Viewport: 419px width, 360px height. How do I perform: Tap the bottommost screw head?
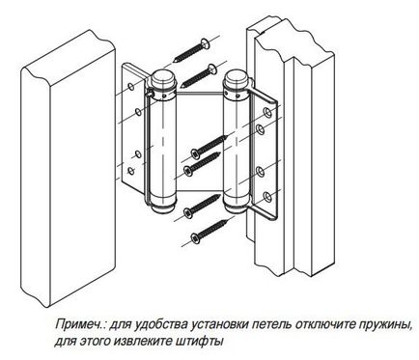tap(195, 238)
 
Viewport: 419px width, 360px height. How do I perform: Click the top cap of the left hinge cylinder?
tap(161, 77)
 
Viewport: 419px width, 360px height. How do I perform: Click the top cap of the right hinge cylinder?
tap(235, 78)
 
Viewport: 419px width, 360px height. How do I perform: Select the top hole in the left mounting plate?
tap(131, 87)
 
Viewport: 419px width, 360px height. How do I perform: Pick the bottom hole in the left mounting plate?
tap(131, 171)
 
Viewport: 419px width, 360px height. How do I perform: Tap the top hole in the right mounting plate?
tap(267, 112)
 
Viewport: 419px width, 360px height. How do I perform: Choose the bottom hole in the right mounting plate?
tap(267, 197)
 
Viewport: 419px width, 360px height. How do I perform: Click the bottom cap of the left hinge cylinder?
tap(164, 208)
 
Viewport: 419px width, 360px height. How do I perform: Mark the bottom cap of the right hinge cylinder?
tap(236, 208)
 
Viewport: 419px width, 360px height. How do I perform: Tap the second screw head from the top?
tap(211, 69)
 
